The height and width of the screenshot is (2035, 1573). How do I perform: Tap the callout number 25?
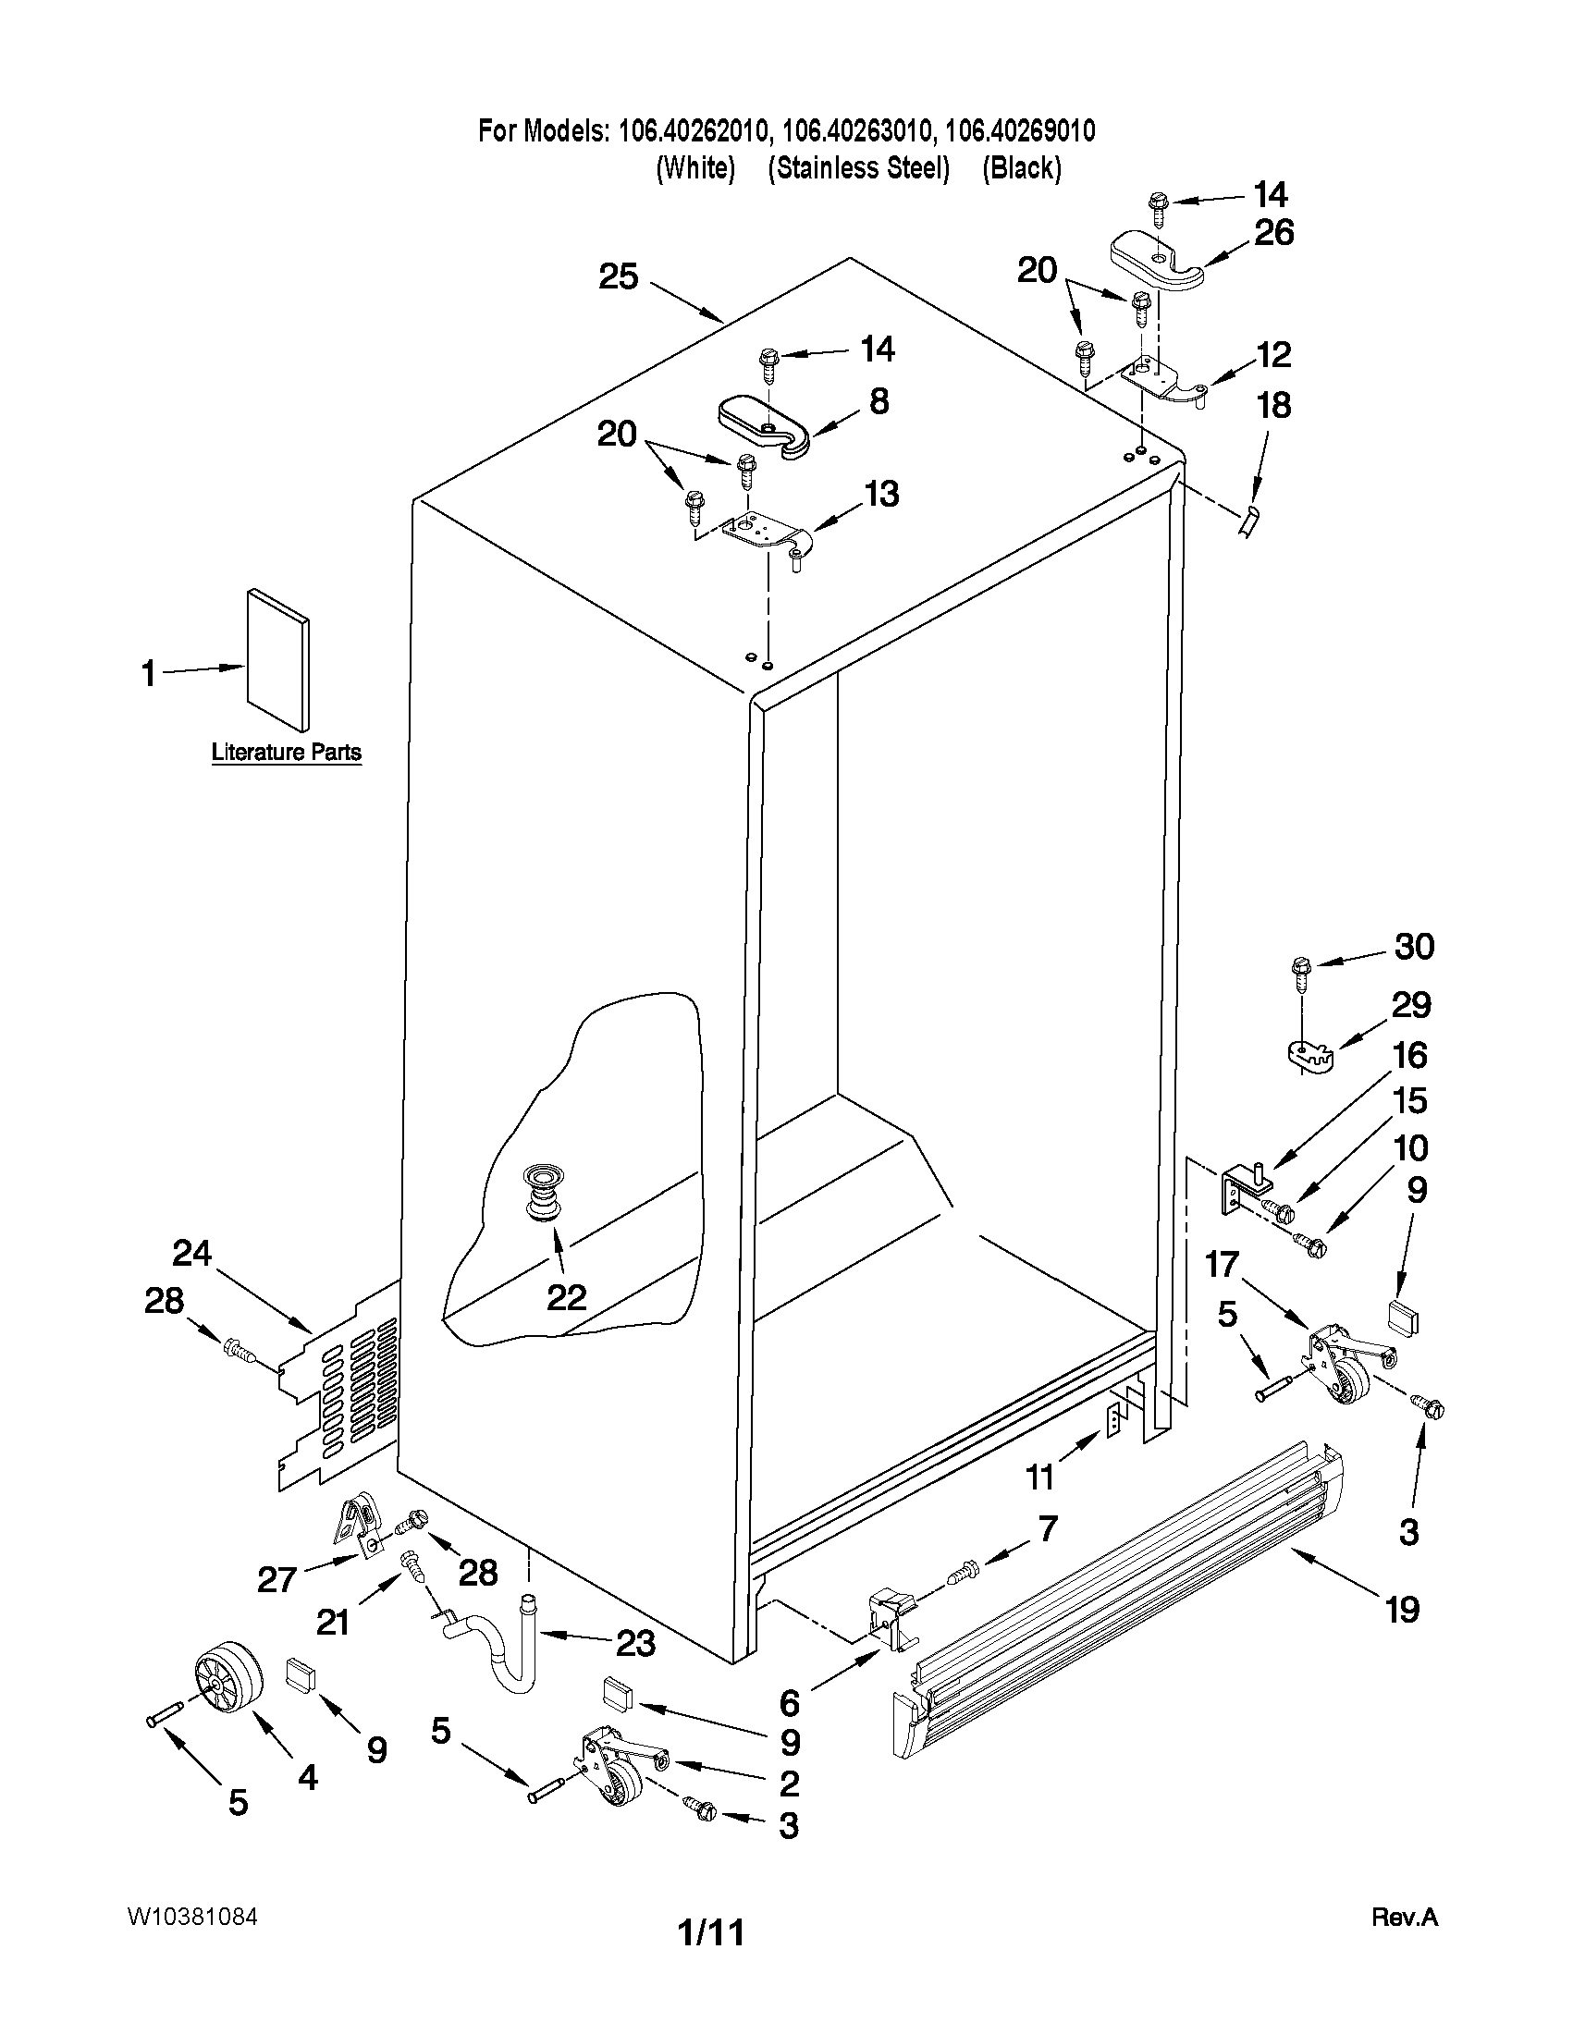click(x=618, y=276)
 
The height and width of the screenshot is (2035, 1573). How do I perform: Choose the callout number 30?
click(x=1414, y=947)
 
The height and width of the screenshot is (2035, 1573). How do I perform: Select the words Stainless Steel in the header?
click(x=858, y=168)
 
